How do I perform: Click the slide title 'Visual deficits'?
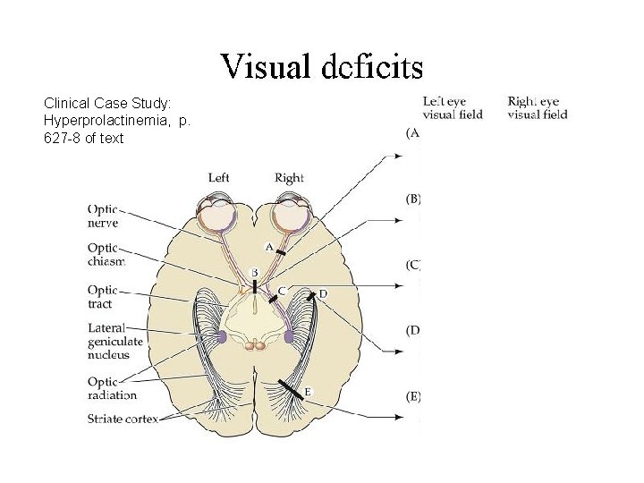(x=322, y=65)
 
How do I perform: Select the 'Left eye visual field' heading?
(x=453, y=107)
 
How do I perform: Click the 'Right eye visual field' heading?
(x=538, y=107)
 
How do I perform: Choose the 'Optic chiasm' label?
(x=106, y=254)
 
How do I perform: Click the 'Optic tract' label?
(x=102, y=296)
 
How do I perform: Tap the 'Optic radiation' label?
(x=112, y=388)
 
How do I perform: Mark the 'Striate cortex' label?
(x=123, y=418)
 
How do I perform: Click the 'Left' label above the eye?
(x=219, y=177)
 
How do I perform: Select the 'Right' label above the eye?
(x=289, y=177)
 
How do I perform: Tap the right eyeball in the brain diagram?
(x=289, y=215)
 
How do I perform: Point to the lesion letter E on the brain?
(x=308, y=391)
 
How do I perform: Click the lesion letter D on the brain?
(x=323, y=293)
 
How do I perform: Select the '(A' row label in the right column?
(x=412, y=132)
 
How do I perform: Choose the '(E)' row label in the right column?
(x=413, y=396)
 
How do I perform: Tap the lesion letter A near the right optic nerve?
(x=268, y=245)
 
